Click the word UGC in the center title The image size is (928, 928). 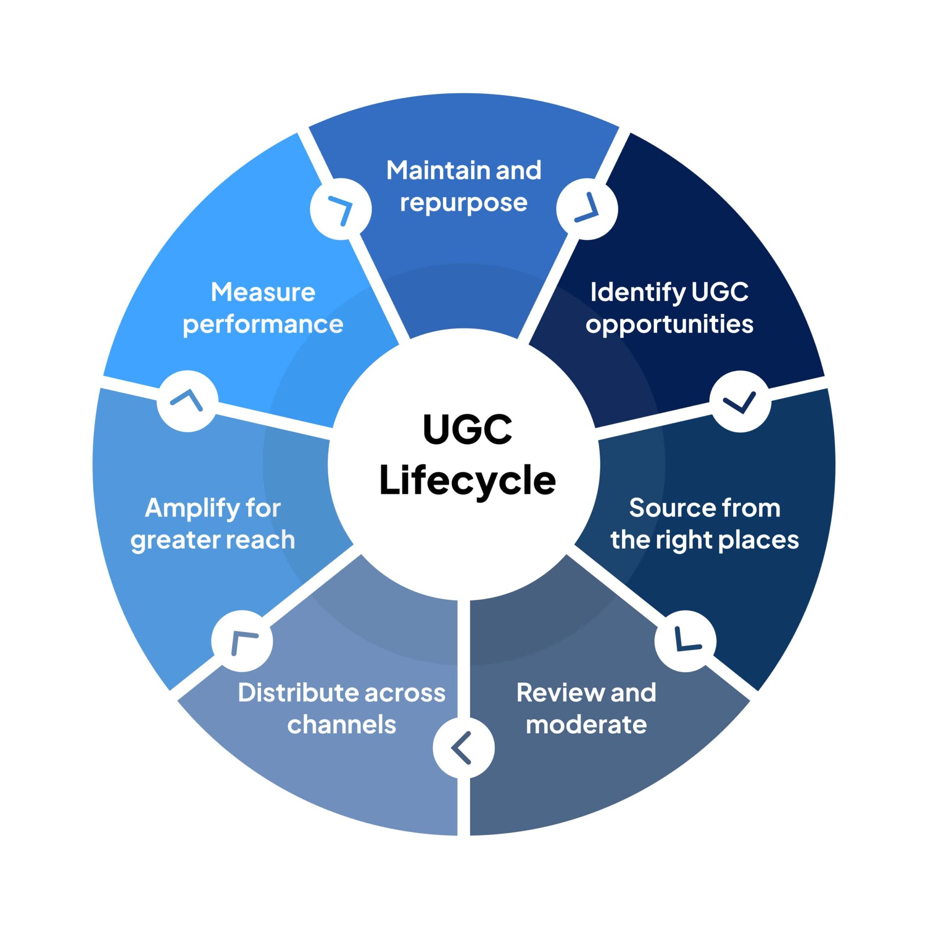[x=467, y=429]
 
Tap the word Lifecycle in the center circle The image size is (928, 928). [x=467, y=480]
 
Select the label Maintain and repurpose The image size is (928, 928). [x=464, y=186]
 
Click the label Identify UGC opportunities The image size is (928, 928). [x=669, y=308]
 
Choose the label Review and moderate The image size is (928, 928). [x=586, y=709]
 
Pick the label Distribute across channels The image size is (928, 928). [x=342, y=709]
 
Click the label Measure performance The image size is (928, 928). [x=263, y=308]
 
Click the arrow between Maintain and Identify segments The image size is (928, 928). [x=587, y=208]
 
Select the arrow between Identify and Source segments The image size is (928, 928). [x=740, y=401]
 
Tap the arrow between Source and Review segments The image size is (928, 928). [x=685, y=641]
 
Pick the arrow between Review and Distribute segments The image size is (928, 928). [x=463, y=748]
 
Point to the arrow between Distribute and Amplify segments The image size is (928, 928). [x=242, y=641]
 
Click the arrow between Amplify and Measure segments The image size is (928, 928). [x=187, y=401]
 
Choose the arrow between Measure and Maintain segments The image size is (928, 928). [x=341, y=209]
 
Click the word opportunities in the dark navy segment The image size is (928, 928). [x=669, y=325]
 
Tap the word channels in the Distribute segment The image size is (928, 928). [x=342, y=725]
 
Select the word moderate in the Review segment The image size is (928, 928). [x=586, y=725]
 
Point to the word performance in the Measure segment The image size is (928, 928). [x=263, y=325]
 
